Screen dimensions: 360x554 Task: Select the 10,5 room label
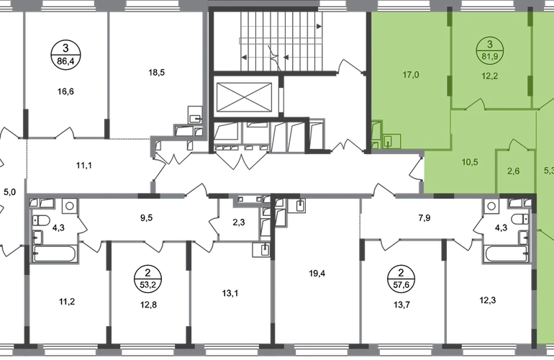tap(470, 161)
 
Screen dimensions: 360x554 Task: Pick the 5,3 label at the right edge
tap(549, 171)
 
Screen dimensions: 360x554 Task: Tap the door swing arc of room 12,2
tap(476, 106)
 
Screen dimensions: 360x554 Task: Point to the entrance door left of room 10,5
tap(416, 171)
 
